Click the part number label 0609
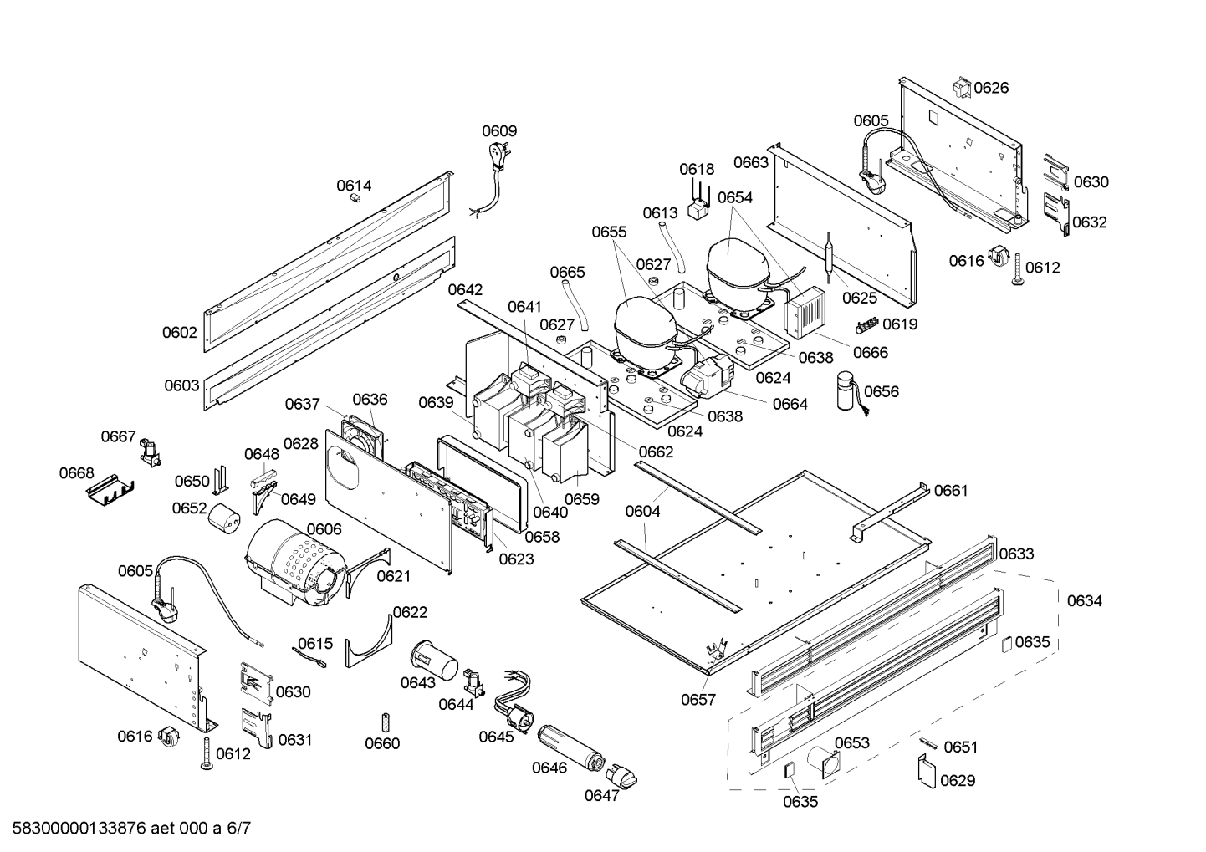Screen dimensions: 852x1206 [x=499, y=131]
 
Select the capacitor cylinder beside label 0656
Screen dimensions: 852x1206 [x=849, y=391]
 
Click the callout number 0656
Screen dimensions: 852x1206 [x=882, y=392]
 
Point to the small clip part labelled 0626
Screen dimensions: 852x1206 [x=961, y=88]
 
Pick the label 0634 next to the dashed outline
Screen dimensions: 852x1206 [x=1084, y=600]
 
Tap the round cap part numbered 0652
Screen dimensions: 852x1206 [x=223, y=518]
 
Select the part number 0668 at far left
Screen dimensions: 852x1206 [x=76, y=474]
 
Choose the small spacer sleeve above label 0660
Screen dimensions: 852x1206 [x=386, y=722]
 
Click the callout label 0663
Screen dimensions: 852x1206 [x=750, y=162]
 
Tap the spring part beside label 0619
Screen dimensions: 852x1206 [x=868, y=324]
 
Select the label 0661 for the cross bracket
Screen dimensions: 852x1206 [x=951, y=491]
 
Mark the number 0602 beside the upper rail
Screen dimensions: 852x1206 [x=180, y=333]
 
